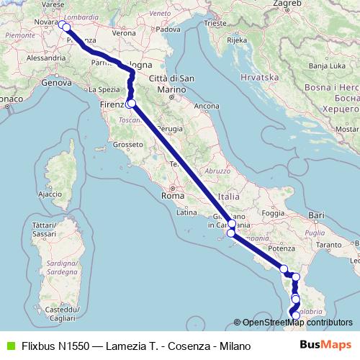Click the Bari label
coord(315,215)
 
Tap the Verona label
coord(124,33)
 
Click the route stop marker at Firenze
coord(130,104)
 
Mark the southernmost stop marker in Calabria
coord(295,315)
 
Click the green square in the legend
coord(9,346)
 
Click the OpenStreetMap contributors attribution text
coord(297,323)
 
